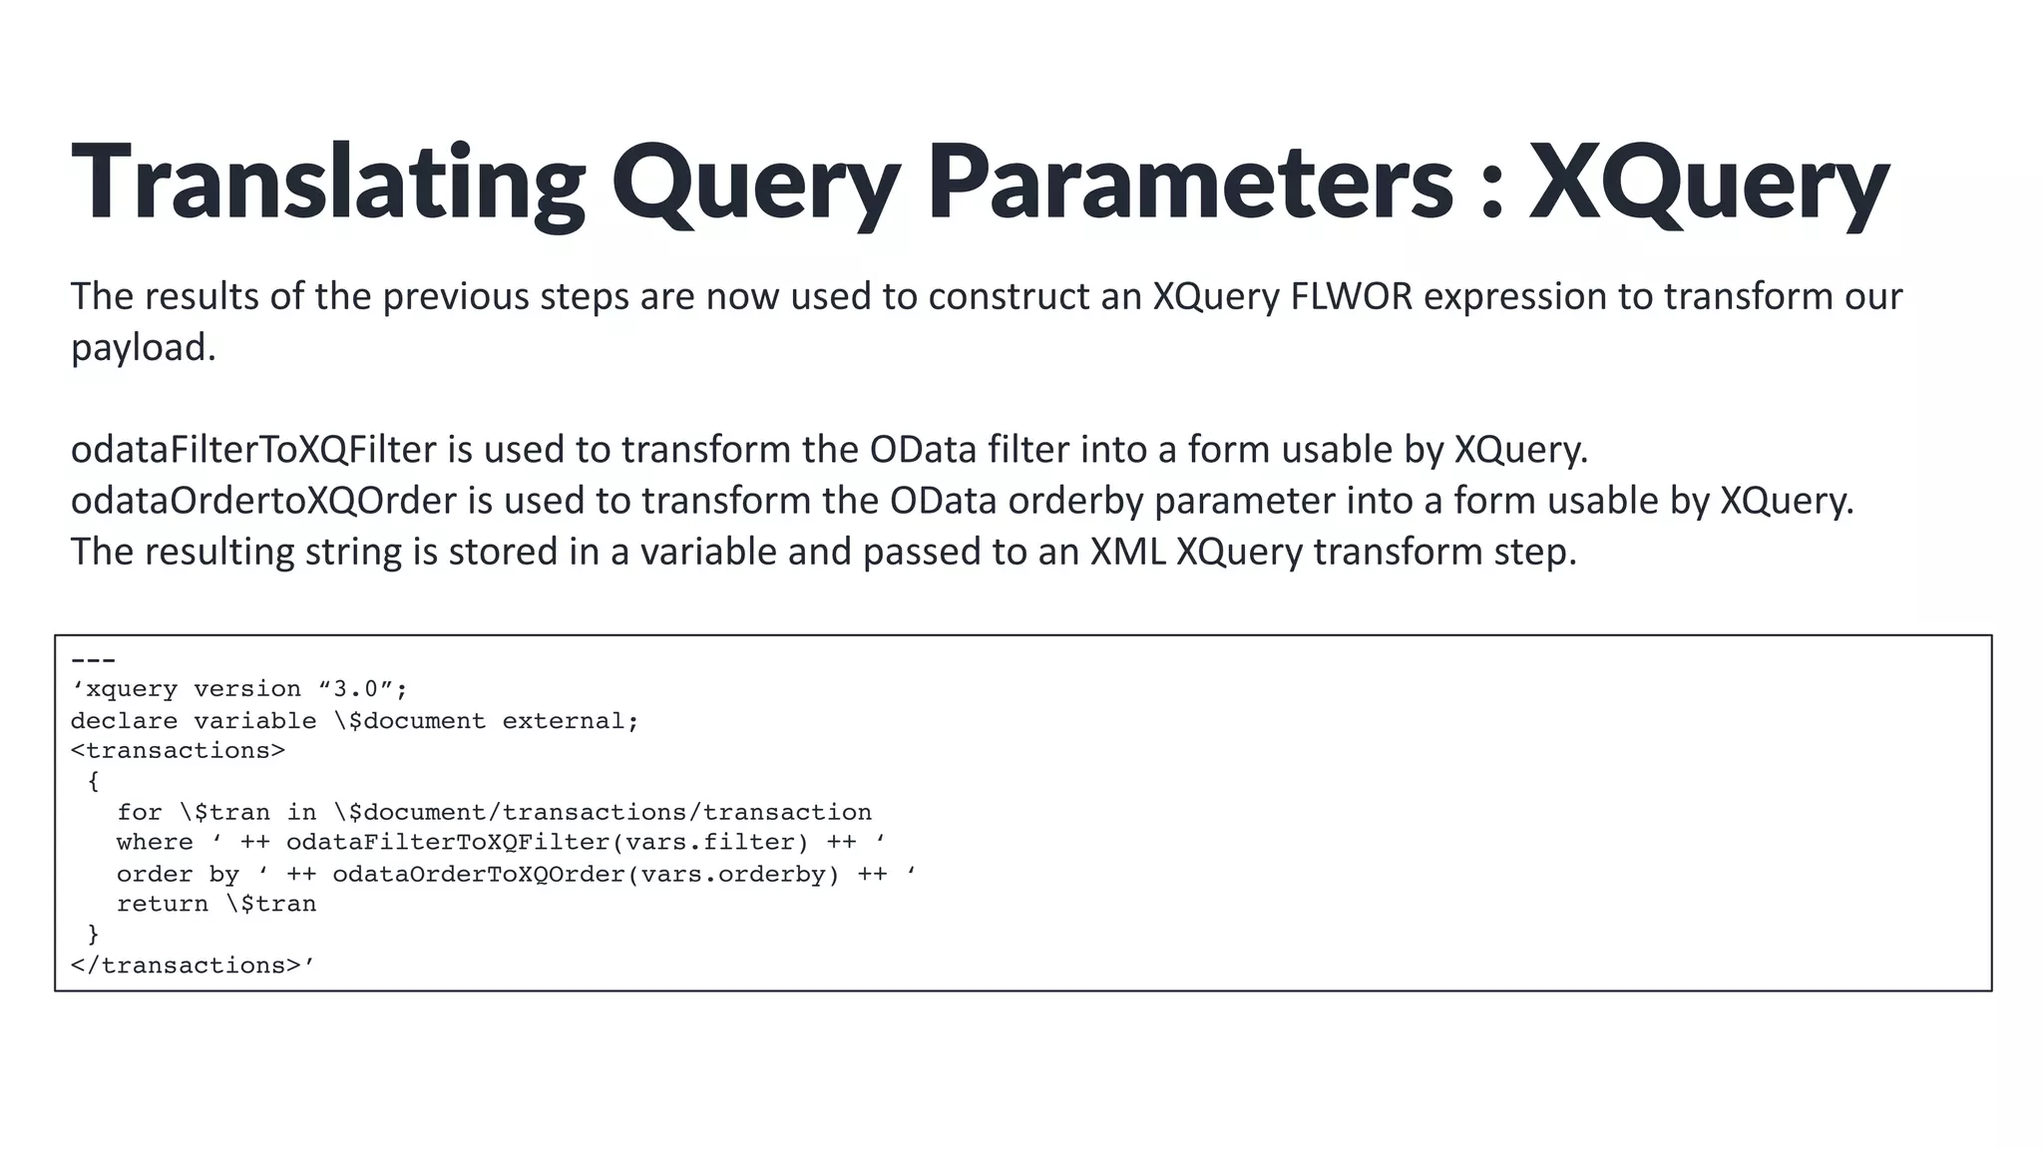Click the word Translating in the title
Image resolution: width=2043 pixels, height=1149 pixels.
click(328, 183)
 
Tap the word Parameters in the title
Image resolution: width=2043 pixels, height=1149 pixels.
click(1189, 183)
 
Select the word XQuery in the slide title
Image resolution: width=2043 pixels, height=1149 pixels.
click(1709, 183)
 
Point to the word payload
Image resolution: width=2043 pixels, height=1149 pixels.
click(143, 348)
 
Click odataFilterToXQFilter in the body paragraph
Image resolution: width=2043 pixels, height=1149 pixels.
click(253, 450)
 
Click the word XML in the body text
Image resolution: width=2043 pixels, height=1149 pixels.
click(1127, 552)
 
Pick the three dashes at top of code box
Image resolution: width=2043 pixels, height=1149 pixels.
click(93, 660)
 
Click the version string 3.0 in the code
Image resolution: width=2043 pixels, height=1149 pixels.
click(355, 689)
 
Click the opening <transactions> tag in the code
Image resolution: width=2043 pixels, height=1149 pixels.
click(178, 750)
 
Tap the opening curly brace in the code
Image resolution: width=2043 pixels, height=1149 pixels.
click(94, 781)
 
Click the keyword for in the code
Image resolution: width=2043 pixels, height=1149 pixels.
click(139, 812)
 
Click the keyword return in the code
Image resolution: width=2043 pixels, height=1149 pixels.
click(162, 905)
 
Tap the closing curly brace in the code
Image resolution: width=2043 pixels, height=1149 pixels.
click(94, 935)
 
